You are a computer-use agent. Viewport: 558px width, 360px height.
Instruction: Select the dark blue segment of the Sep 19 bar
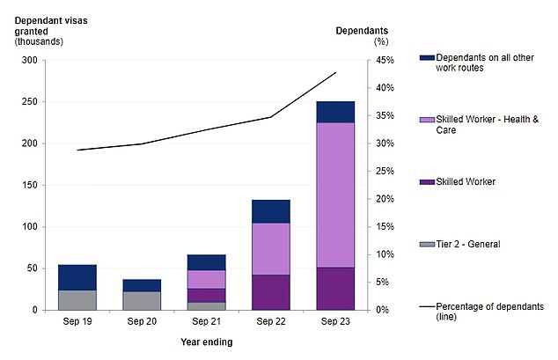(77, 277)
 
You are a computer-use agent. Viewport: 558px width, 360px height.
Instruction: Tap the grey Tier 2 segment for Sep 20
(142, 300)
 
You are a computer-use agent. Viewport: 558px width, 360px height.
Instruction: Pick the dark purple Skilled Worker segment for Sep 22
(271, 292)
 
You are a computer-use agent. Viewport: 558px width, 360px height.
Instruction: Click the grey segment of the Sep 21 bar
(206, 305)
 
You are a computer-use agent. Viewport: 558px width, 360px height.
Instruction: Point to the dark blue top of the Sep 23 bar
(335, 112)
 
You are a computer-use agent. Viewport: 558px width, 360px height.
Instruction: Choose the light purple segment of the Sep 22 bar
(271, 248)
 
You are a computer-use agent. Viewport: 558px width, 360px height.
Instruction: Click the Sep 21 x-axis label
(206, 322)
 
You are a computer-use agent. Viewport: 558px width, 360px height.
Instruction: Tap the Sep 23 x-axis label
(335, 322)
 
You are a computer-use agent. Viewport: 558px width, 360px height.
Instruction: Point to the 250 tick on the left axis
(31, 102)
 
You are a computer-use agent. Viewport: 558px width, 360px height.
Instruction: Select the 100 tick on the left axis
(31, 227)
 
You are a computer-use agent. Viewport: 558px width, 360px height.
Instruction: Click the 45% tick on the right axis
(378, 61)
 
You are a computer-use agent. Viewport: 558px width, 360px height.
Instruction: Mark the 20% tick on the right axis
(378, 199)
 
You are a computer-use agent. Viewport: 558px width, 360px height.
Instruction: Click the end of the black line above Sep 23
(335, 72)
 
